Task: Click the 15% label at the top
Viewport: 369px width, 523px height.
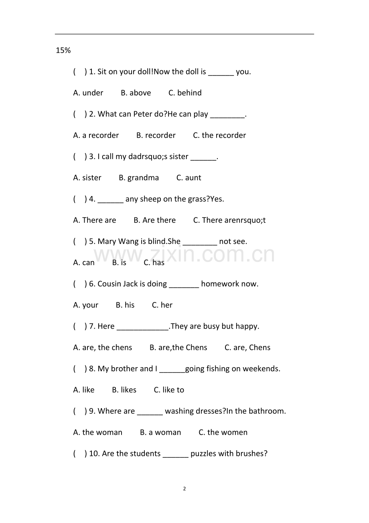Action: [63, 51]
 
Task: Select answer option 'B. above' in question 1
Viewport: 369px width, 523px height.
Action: [136, 93]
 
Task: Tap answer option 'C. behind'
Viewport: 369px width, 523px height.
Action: [185, 93]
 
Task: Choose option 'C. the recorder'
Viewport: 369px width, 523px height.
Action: [219, 135]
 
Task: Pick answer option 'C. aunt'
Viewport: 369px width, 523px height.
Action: [189, 178]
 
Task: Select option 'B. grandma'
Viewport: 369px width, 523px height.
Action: [139, 178]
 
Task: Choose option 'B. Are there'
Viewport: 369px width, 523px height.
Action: [154, 220]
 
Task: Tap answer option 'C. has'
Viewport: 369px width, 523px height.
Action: [154, 263]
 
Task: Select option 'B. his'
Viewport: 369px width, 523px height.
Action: [125, 305]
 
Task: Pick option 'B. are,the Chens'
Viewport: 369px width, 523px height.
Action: [178, 347]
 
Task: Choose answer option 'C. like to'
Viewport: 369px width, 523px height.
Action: [169, 390]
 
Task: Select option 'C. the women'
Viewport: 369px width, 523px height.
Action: [223, 433]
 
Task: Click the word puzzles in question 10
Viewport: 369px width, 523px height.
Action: [203, 454]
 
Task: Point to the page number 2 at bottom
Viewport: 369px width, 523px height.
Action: [184, 489]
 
